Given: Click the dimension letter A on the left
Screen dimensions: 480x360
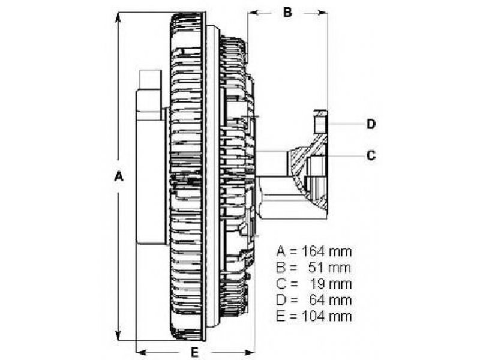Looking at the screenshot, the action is pyautogui.click(x=118, y=176).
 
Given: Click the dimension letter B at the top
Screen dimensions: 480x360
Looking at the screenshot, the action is pyautogui.click(x=287, y=13).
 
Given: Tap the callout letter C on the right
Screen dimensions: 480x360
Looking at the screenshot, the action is pyautogui.click(x=371, y=155).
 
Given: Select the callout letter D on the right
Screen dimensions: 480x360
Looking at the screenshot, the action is pyautogui.click(x=371, y=124).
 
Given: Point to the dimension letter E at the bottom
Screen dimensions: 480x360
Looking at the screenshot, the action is pyautogui.click(x=194, y=352).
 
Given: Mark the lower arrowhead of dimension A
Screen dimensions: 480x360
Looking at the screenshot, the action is pyautogui.click(x=118, y=335).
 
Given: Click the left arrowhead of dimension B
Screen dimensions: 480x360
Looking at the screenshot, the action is pyautogui.click(x=252, y=13).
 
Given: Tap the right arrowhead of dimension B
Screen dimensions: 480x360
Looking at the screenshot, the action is pyautogui.click(x=322, y=13).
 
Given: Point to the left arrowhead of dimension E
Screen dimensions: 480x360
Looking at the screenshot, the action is pyautogui.click(x=141, y=351).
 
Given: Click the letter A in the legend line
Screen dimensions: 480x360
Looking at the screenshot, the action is pyautogui.click(x=281, y=251).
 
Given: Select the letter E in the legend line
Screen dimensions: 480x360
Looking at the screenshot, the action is pyautogui.click(x=280, y=317).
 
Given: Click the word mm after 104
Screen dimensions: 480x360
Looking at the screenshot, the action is pyautogui.click(x=340, y=317).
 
